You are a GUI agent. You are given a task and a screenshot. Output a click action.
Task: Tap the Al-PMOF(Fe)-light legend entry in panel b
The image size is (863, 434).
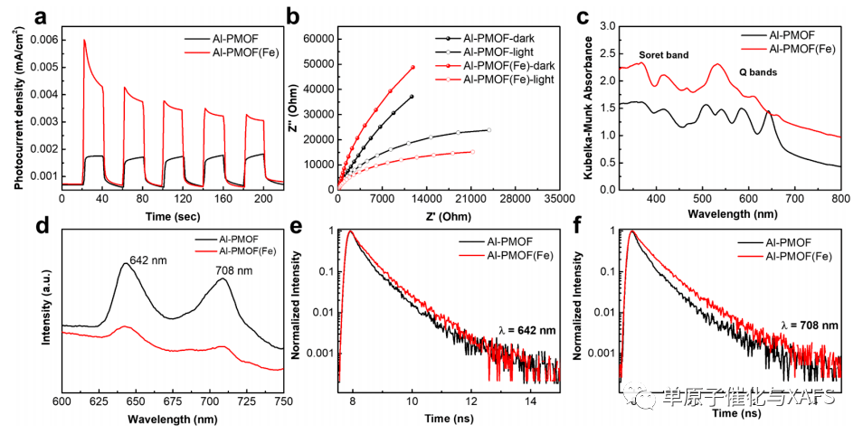pos(509,80)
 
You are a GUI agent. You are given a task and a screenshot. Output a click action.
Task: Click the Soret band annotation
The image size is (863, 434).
pos(663,55)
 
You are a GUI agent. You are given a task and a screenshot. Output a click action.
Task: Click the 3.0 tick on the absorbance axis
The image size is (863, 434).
pos(606,26)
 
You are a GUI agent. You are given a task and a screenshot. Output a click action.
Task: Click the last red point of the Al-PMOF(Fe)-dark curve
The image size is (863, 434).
pos(413,67)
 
